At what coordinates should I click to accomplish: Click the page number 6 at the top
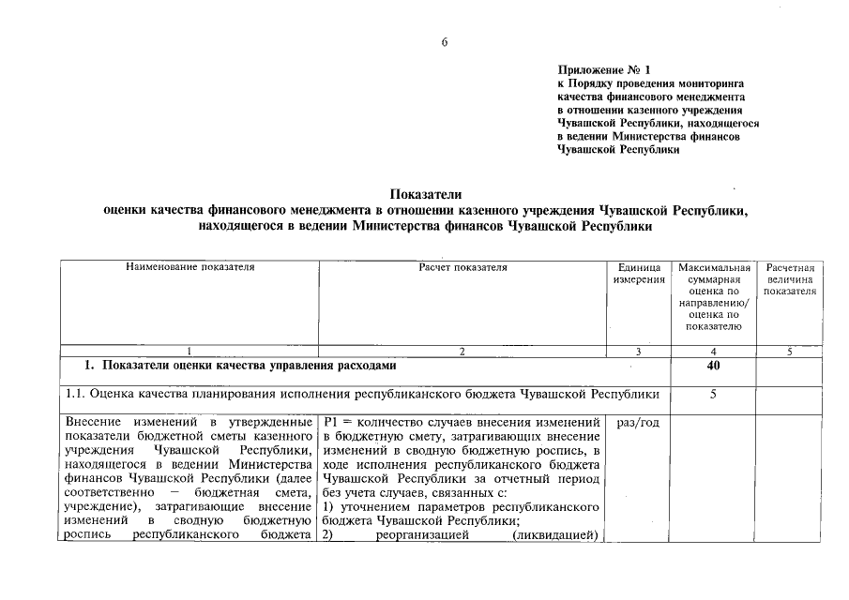pyautogui.click(x=446, y=42)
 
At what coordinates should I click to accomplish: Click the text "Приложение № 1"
pyautogui.click(x=603, y=69)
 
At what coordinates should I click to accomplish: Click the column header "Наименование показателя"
pyautogui.click(x=190, y=268)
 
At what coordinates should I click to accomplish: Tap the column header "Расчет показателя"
pyautogui.click(x=462, y=268)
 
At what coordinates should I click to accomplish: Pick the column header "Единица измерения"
pyautogui.click(x=638, y=274)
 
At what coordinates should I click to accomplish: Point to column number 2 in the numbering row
pyautogui.click(x=462, y=352)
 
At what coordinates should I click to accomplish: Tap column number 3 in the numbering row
pyautogui.click(x=638, y=352)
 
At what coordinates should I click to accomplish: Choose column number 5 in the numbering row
pyautogui.click(x=789, y=352)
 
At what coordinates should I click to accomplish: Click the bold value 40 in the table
pyautogui.click(x=713, y=366)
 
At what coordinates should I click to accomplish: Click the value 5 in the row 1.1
pyautogui.click(x=713, y=395)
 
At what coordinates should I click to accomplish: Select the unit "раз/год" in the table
pyautogui.click(x=638, y=423)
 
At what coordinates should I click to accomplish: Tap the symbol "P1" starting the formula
pyautogui.click(x=329, y=423)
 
